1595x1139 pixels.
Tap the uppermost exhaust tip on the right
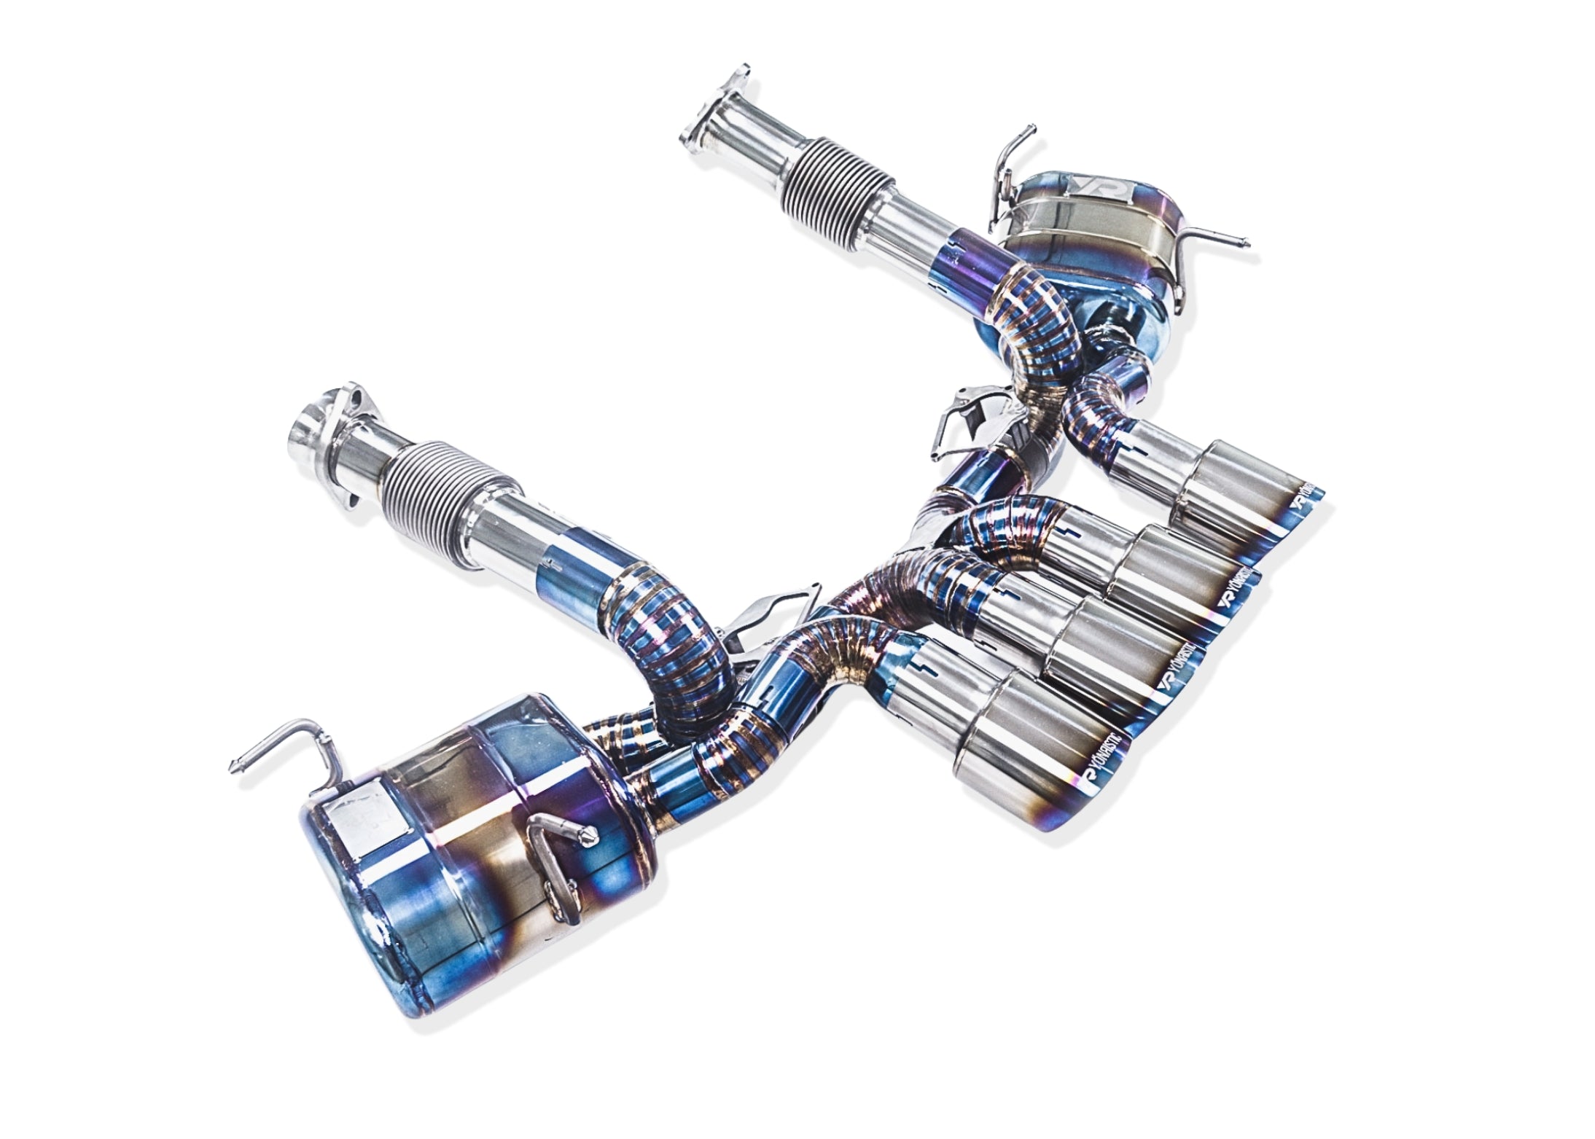[1239, 485]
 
